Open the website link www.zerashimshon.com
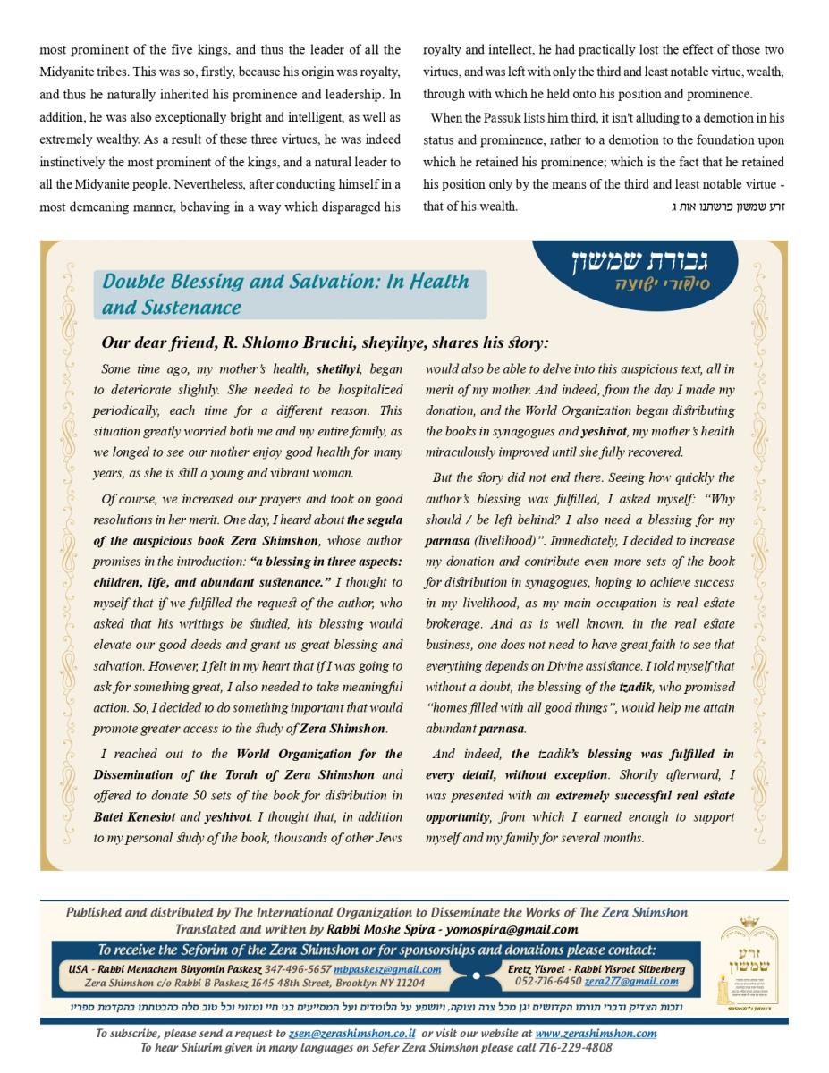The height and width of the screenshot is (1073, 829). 596,1034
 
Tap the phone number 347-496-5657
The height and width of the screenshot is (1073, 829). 298,969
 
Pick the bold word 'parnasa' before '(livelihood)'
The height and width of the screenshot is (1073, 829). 445,541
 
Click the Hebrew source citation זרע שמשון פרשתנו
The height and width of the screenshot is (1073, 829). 727,207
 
